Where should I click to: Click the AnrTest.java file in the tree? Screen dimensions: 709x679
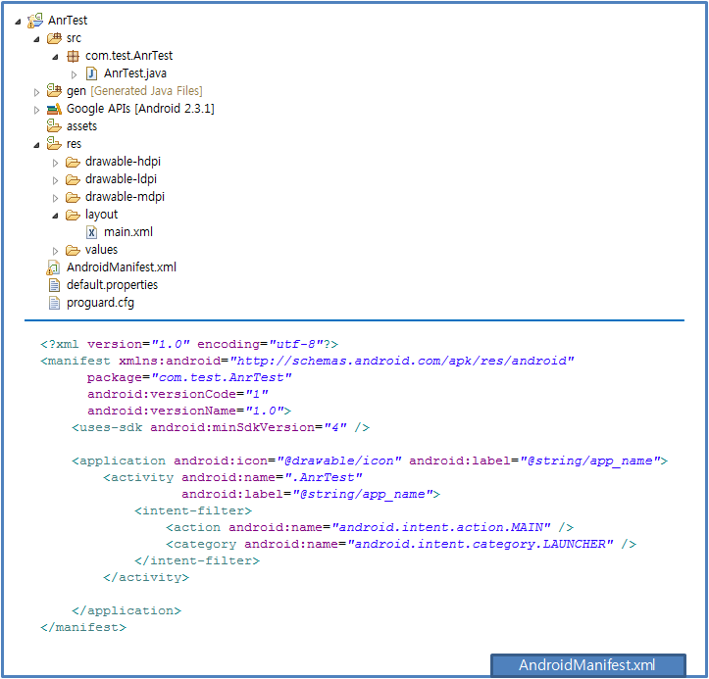(134, 73)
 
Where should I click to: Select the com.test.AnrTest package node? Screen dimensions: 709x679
(128, 56)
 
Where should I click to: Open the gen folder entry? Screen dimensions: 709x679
(76, 91)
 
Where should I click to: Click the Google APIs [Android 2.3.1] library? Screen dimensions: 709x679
(140, 109)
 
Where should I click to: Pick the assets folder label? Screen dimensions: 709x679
(81, 126)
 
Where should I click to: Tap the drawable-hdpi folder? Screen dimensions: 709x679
(123, 162)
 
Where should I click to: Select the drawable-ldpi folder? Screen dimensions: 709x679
(121, 179)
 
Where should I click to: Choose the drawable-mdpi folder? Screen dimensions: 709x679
(125, 197)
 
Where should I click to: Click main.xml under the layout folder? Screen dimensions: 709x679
(127, 232)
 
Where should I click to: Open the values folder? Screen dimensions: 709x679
(101, 250)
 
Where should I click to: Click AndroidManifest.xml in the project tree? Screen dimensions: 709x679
(122, 267)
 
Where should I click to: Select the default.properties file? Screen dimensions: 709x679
(112, 284)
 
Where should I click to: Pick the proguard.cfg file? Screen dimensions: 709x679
(100, 303)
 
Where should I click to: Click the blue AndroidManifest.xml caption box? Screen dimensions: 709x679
(587, 665)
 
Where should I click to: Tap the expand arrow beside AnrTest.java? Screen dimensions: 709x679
(75, 74)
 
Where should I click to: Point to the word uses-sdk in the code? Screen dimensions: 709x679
(111, 427)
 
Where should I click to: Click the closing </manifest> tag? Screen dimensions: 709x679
(83, 627)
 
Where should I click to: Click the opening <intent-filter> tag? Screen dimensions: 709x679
(193, 510)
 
